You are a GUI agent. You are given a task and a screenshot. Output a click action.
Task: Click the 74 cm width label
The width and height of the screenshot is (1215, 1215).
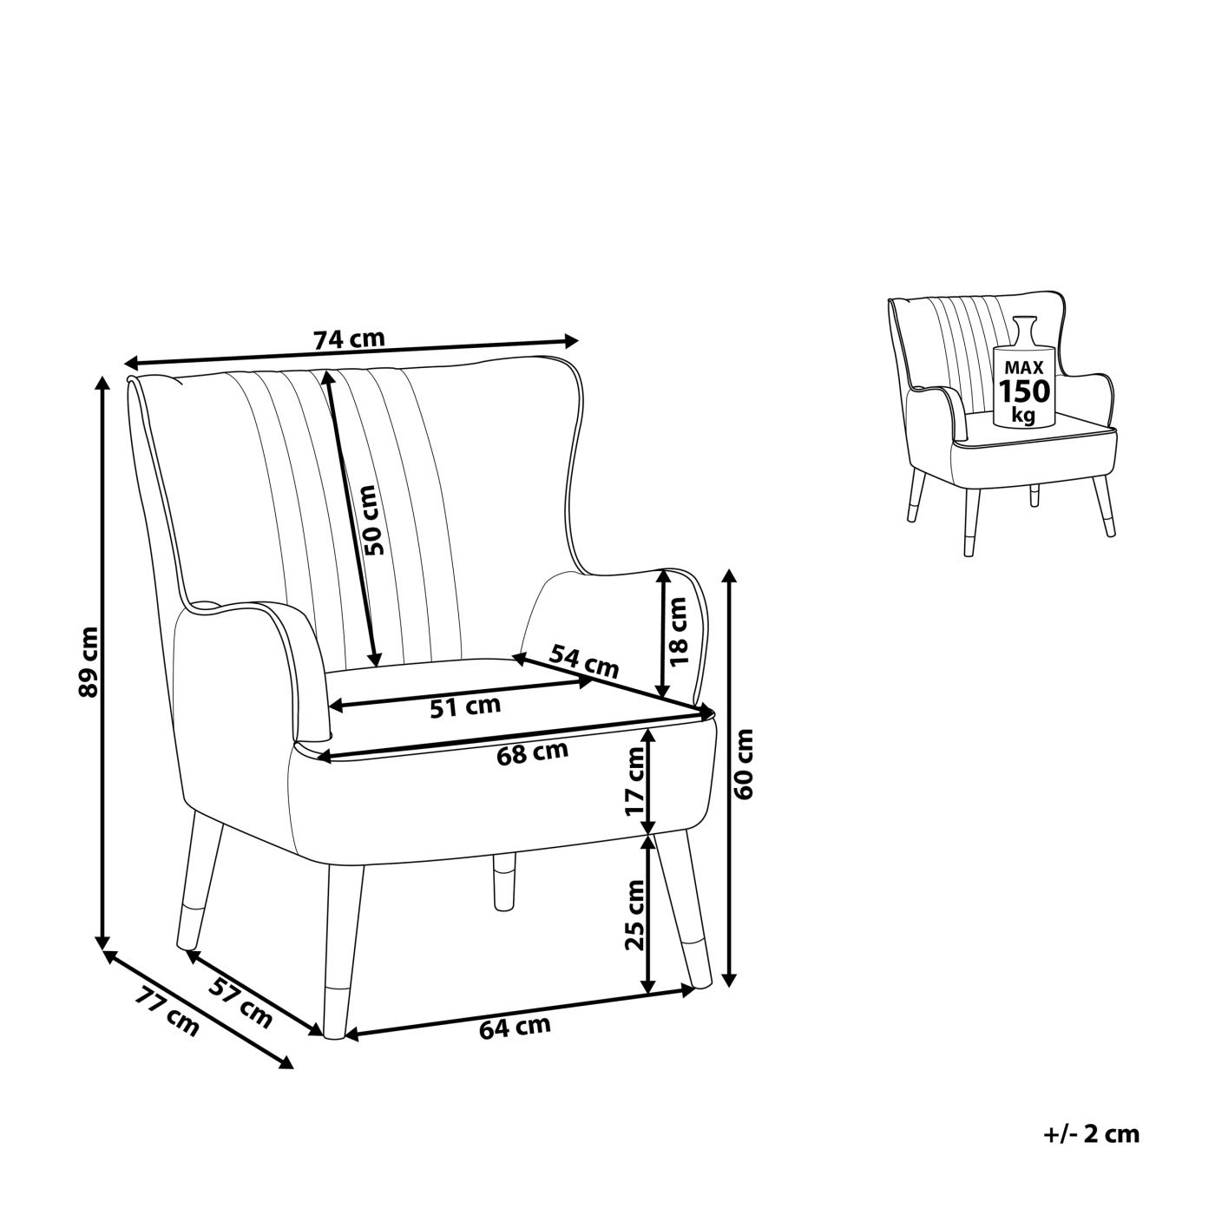[x=349, y=340]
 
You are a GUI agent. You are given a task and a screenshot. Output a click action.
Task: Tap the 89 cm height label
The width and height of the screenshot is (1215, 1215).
[x=89, y=662]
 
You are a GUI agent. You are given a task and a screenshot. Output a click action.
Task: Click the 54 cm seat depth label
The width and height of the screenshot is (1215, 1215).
[x=584, y=660]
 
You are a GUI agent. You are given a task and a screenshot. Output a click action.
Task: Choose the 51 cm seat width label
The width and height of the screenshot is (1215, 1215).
[x=465, y=706]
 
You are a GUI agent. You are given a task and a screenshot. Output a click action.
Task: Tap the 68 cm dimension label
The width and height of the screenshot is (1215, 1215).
[x=532, y=752]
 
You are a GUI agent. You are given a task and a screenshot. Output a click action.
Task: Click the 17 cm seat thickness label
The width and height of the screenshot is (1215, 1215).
[x=634, y=781]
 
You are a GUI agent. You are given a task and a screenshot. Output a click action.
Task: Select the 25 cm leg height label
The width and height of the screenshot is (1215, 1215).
[x=634, y=915]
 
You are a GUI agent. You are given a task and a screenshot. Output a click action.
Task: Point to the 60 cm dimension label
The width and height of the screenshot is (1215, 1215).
[x=744, y=765]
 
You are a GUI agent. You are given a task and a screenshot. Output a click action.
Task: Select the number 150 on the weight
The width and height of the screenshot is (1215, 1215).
[x=1024, y=391]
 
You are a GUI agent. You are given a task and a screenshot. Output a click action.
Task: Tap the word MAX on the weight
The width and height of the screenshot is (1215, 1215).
[x=1024, y=367]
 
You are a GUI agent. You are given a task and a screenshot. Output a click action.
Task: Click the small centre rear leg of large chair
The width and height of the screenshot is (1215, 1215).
[x=503, y=882]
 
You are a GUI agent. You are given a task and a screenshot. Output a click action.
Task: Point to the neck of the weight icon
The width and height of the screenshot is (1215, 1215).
[x=1024, y=330]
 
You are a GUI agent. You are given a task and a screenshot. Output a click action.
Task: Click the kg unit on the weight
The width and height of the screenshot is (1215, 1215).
[x=1024, y=416]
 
